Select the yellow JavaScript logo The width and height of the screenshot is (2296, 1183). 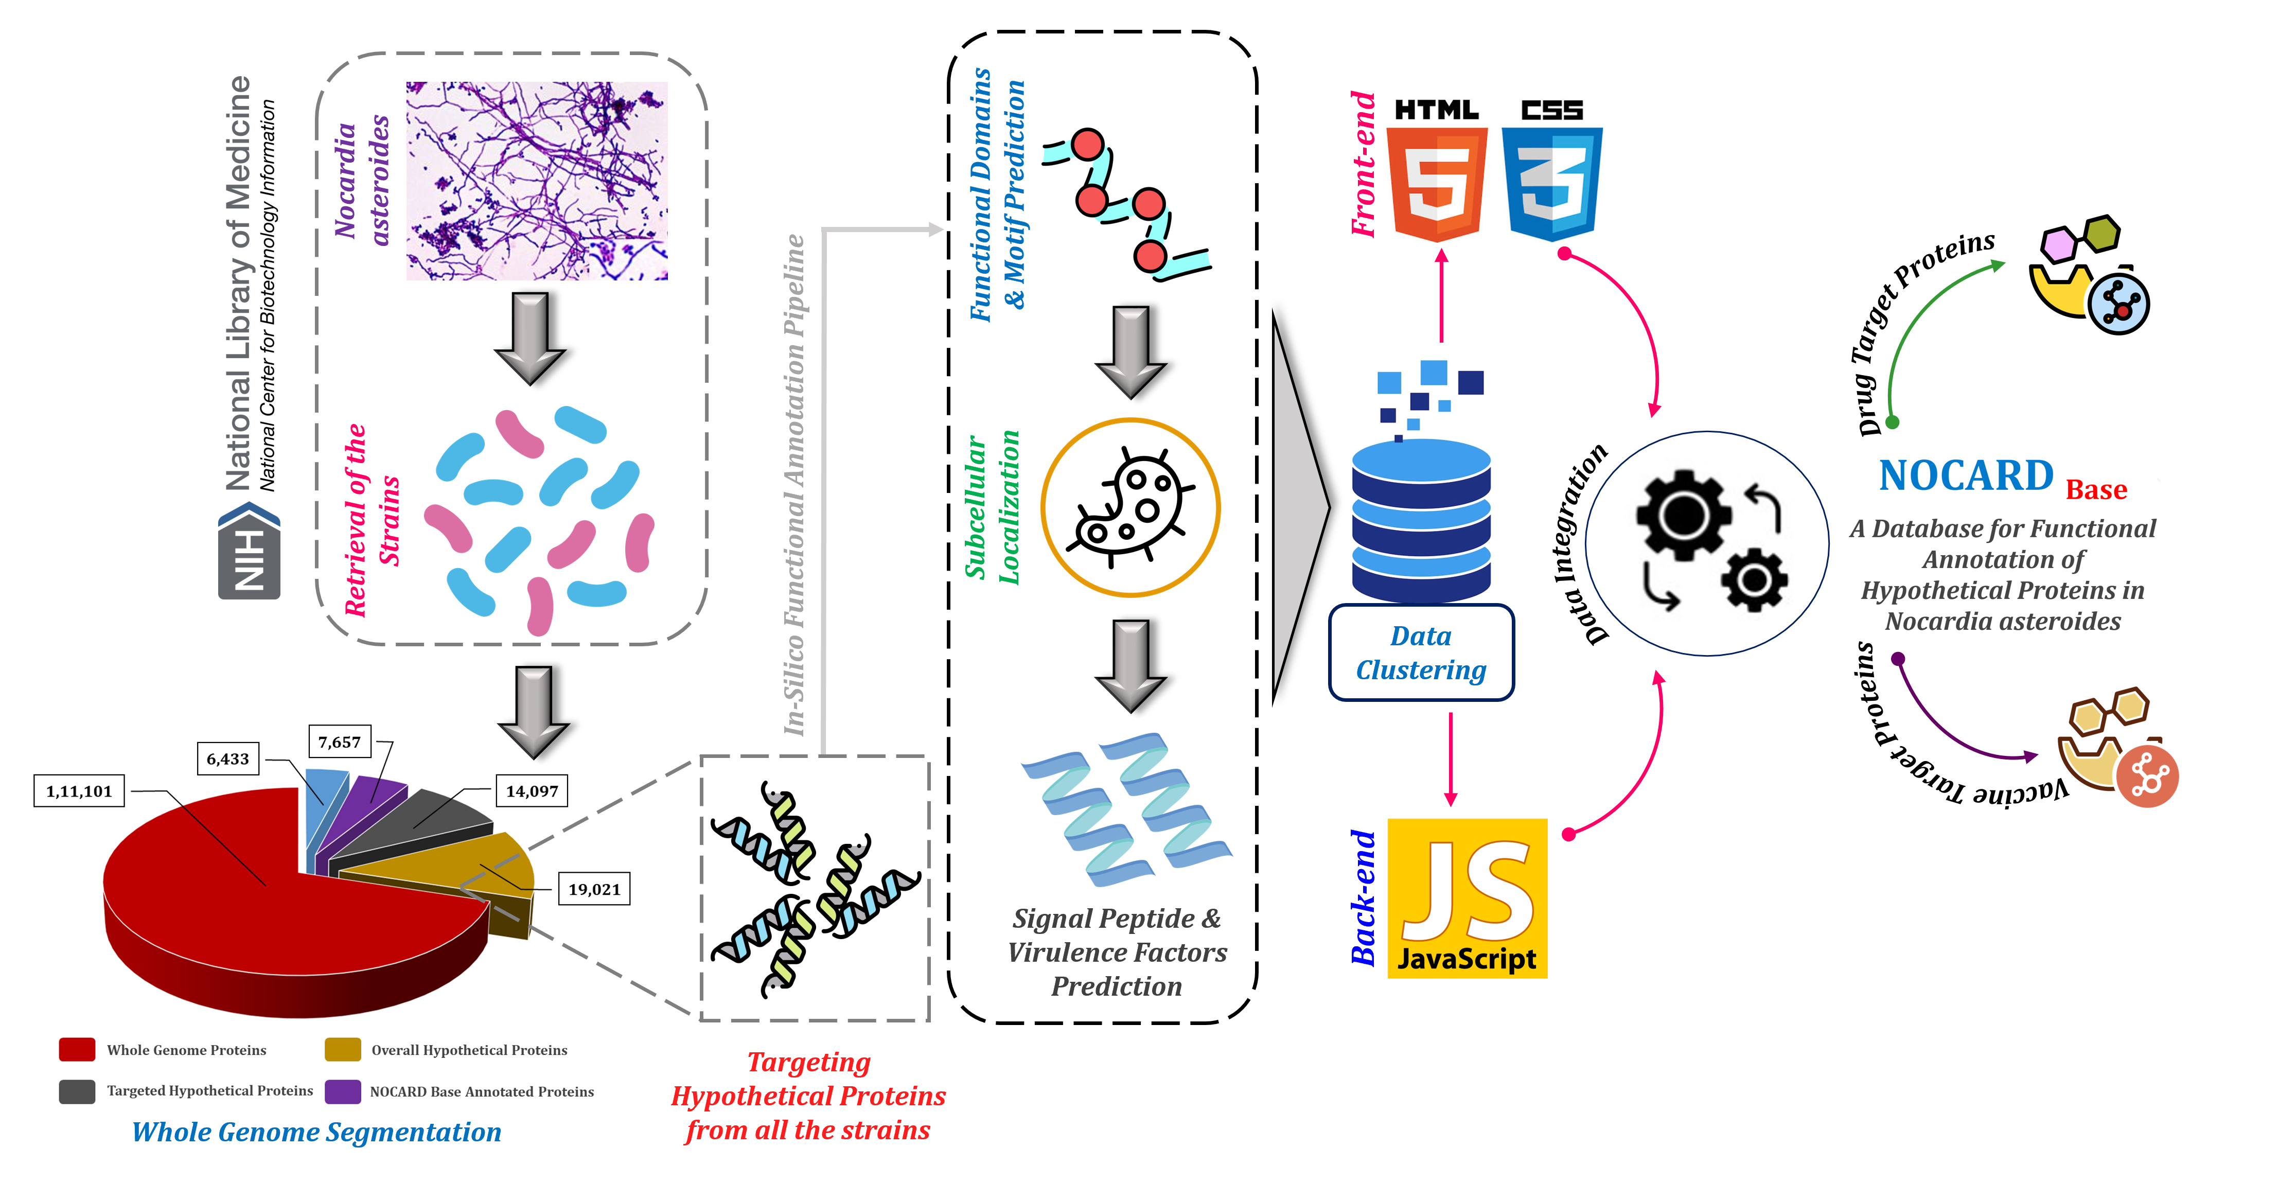coord(1467,898)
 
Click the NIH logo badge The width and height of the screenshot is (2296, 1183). coord(250,550)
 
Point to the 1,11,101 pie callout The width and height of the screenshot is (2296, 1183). coord(79,791)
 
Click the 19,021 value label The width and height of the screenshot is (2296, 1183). coord(594,889)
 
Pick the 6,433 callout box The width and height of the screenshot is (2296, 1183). coord(227,758)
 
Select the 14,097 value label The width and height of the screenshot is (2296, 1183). coord(532,791)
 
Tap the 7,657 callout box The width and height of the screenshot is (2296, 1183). coord(340,741)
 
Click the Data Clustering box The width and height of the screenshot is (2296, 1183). coord(1421,652)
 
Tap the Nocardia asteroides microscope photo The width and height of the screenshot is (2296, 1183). coord(537,181)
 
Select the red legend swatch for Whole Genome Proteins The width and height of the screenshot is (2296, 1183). coord(77,1049)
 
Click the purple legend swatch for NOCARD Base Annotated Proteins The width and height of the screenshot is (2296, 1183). coord(342,1091)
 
